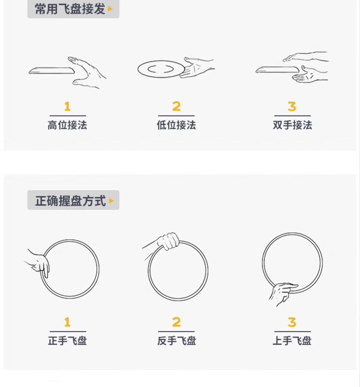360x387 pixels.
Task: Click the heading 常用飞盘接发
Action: point(70,9)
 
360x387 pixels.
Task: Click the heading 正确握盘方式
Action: point(71,200)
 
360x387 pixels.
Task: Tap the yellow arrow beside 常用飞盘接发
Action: point(110,9)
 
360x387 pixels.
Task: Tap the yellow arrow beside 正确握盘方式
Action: point(111,201)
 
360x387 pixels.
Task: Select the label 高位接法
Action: point(67,125)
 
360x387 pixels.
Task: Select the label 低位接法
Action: point(177,125)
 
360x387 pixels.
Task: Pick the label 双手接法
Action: point(292,125)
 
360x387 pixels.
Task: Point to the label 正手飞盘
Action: point(67,340)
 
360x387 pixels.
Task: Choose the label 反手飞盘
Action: point(177,340)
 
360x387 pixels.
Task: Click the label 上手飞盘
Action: point(292,340)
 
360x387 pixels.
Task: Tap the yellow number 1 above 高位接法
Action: point(67,107)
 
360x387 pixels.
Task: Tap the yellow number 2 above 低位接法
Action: point(177,107)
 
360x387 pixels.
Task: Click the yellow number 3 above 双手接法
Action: point(292,107)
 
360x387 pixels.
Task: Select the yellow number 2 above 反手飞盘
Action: point(177,322)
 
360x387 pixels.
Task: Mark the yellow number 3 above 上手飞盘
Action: point(292,322)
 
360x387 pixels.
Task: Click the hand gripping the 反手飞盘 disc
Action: point(168,242)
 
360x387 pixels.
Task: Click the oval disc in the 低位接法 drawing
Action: point(161,69)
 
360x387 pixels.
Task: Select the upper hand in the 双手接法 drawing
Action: point(305,57)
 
